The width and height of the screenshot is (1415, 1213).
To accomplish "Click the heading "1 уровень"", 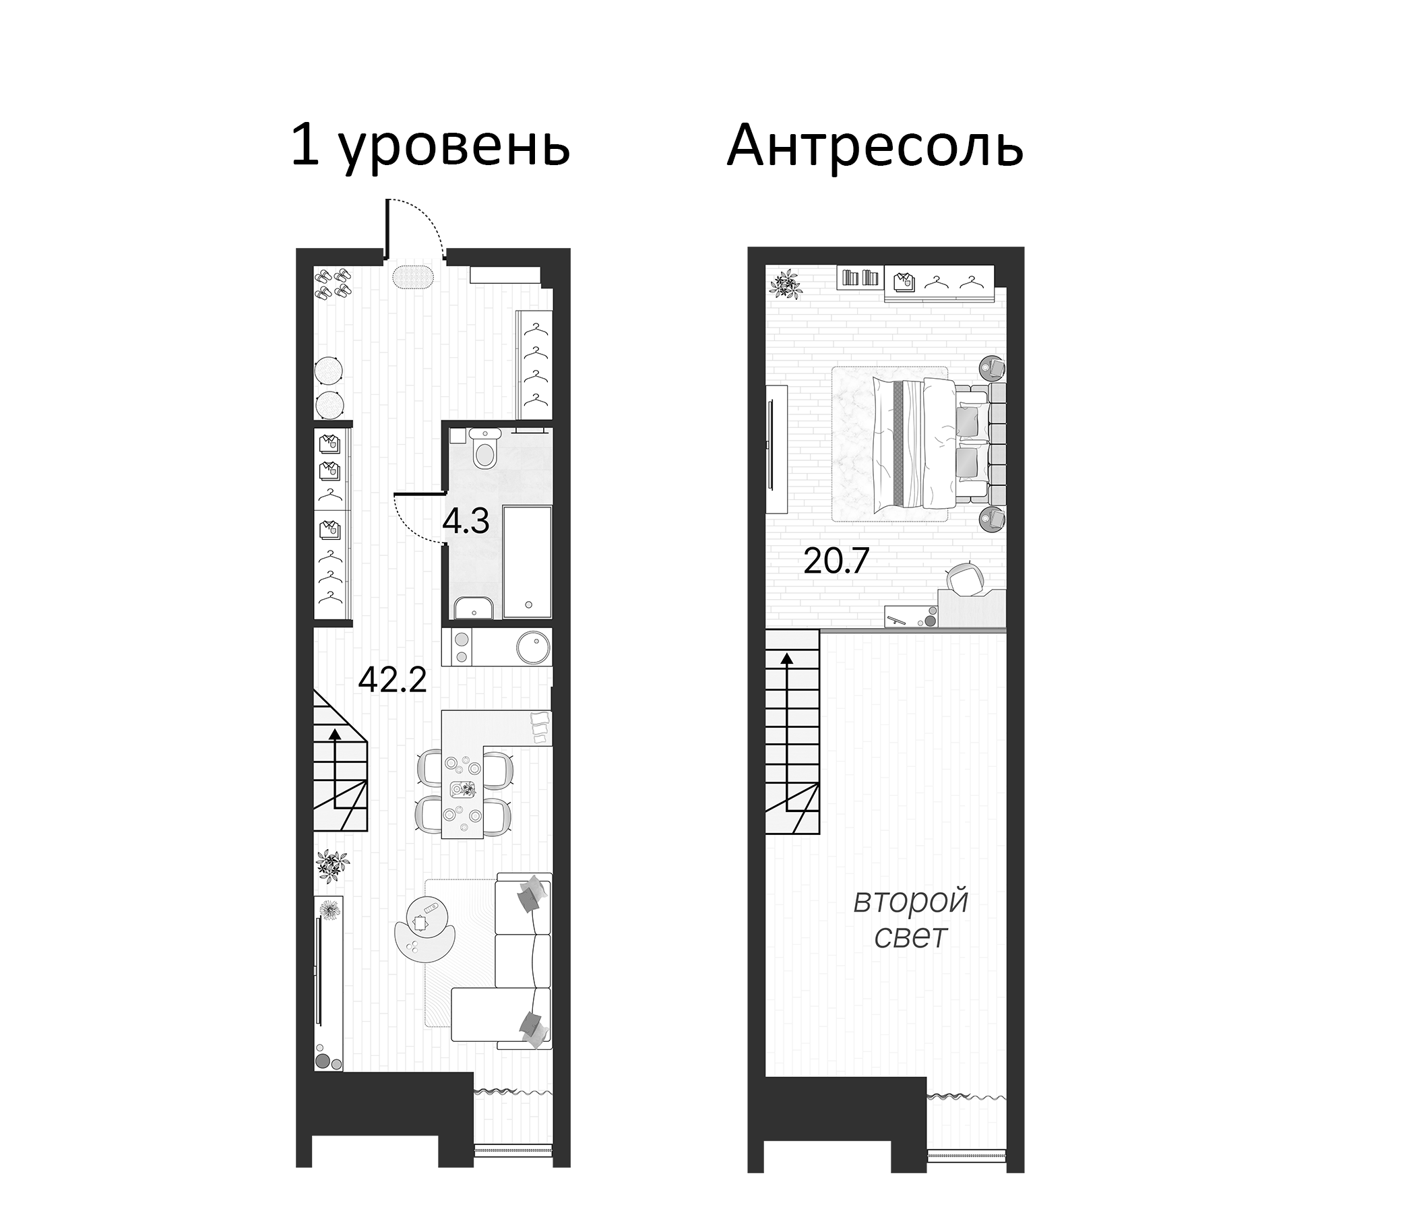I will [x=431, y=147].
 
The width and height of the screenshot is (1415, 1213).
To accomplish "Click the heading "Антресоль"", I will [x=875, y=147].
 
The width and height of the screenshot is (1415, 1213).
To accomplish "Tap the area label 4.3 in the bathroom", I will [x=466, y=522].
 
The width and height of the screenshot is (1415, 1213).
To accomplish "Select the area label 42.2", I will [x=393, y=679].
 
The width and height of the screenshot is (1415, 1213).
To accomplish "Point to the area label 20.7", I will [x=836, y=561].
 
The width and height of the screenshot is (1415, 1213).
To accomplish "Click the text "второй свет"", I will [x=911, y=919].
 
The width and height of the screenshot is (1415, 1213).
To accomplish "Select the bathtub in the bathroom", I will [x=526, y=561].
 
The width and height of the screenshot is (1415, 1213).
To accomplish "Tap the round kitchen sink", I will [x=533, y=646].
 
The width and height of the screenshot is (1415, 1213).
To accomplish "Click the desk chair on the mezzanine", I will [x=965, y=578].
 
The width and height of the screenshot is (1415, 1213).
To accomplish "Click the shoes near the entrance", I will [x=333, y=283].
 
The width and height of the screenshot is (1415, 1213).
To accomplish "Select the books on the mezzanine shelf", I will [x=860, y=277].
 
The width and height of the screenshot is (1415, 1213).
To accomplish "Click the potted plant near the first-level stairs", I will [x=333, y=865].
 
